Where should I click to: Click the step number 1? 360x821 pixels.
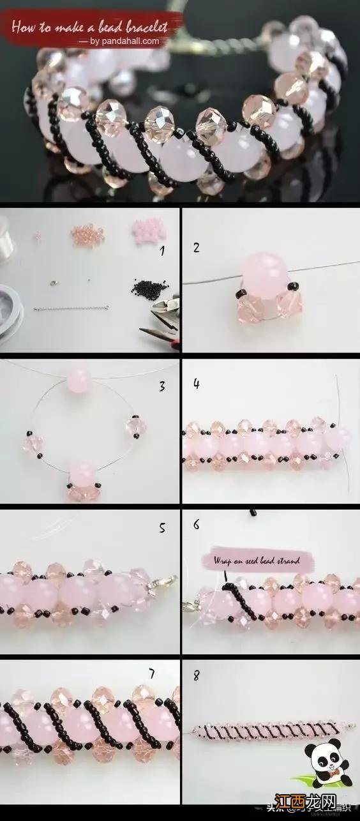[162, 251]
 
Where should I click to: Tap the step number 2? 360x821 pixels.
[196, 247]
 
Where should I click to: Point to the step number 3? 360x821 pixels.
[163, 386]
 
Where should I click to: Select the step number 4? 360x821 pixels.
[197, 384]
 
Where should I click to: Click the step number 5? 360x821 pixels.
[162, 528]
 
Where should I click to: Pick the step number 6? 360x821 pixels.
[196, 525]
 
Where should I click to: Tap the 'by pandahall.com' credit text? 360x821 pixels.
[122, 41]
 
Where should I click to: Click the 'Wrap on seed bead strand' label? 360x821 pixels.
[259, 561]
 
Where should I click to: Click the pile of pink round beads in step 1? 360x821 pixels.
[147, 231]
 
